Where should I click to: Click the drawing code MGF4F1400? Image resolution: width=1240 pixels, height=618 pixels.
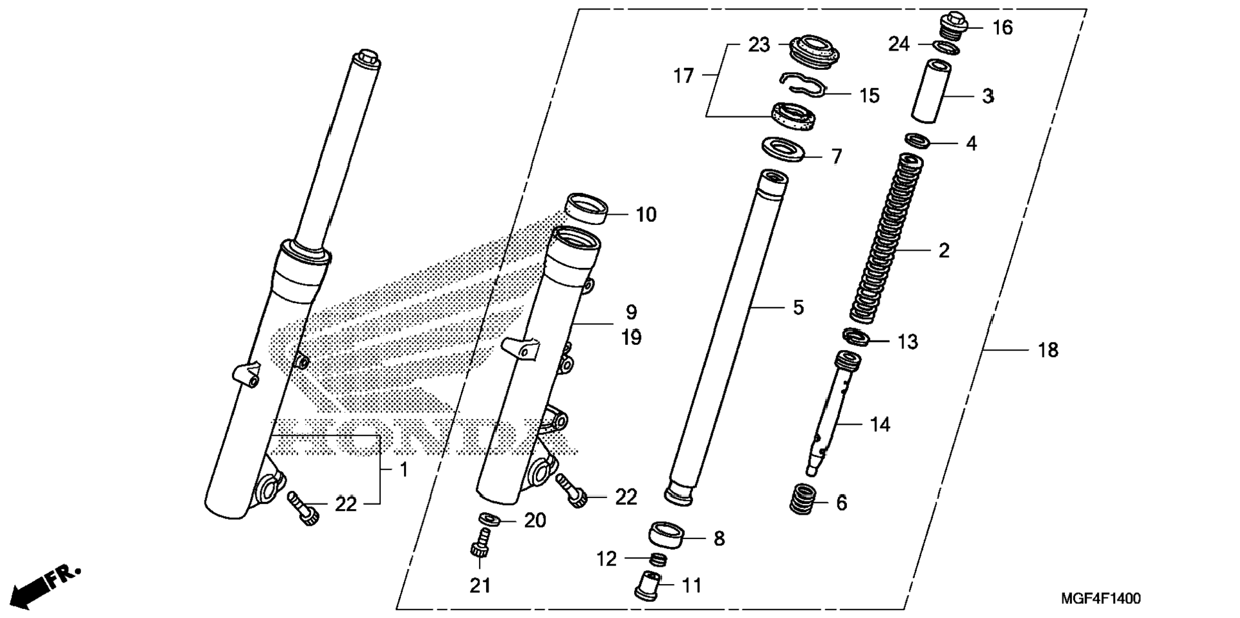pyautogui.click(x=1100, y=599)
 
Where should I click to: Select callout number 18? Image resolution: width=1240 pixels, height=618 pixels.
pyautogui.click(x=1048, y=350)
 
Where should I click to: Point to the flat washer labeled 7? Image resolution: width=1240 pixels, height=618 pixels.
pyautogui.click(x=783, y=149)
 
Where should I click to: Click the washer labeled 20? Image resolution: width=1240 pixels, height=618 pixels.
pyautogui.click(x=489, y=518)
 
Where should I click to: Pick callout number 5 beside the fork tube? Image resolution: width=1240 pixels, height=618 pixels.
pyautogui.click(x=798, y=308)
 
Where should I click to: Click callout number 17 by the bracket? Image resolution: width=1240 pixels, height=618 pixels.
pyautogui.click(x=683, y=76)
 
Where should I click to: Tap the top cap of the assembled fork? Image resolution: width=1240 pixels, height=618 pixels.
pyautogui.click(x=366, y=58)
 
